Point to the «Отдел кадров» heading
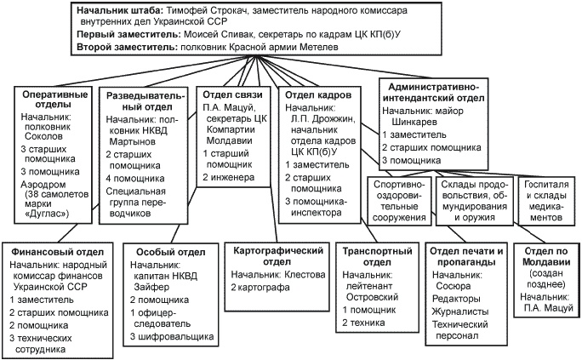(x=316, y=94)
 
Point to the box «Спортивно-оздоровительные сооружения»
(x=399, y=199)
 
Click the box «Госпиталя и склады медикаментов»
(x=546, y=199)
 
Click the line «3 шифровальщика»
(x=168, y=337)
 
